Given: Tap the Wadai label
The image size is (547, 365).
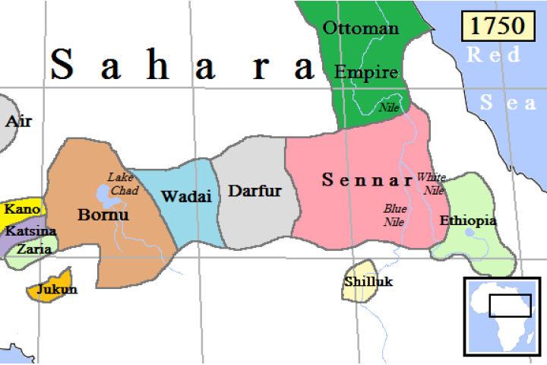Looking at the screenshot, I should pos(185,195).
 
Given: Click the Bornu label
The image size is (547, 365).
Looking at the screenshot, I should pos(103,214).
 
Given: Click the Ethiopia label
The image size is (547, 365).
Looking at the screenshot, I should pos(468,221).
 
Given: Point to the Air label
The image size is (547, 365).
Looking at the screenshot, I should pos(19,121).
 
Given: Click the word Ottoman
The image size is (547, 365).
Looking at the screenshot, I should pos(361,29).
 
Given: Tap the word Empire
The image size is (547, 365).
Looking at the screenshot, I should pos(366,73).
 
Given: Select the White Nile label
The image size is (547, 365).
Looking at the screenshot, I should pos(431,183).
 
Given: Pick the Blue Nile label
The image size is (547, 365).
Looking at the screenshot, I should pos(394,215).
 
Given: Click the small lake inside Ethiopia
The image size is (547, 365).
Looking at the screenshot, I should pos(475,236).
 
